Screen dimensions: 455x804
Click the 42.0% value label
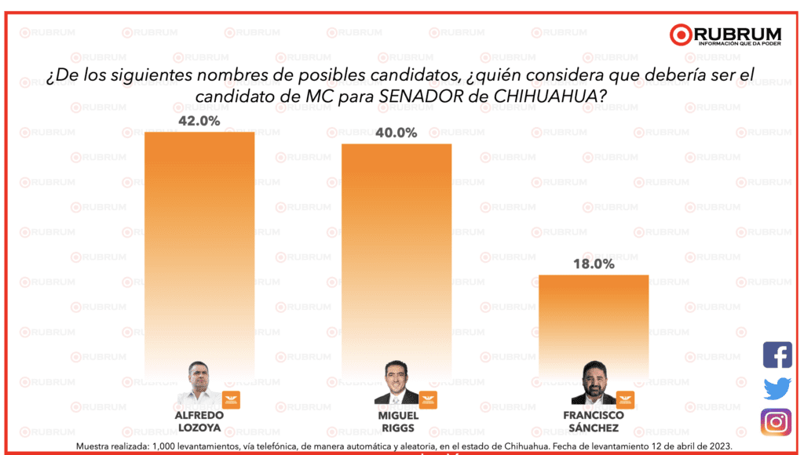point(199,121)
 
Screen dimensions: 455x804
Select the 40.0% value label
point(396,133)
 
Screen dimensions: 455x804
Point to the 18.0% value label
point(593,264)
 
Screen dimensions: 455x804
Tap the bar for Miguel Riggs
point(397,251)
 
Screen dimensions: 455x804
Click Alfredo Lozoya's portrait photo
point(199,383)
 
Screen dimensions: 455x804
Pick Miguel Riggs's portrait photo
point(396,384)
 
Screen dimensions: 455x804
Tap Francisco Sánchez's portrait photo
point(593,384)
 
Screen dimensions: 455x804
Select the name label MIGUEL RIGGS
point(398,421)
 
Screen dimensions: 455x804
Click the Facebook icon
point(777,355)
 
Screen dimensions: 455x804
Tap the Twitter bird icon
point(777,388)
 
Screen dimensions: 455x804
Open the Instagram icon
point(777,422)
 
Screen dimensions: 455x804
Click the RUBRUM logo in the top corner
point(725,35)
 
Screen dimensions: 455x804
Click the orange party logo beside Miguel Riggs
point(428,399)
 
